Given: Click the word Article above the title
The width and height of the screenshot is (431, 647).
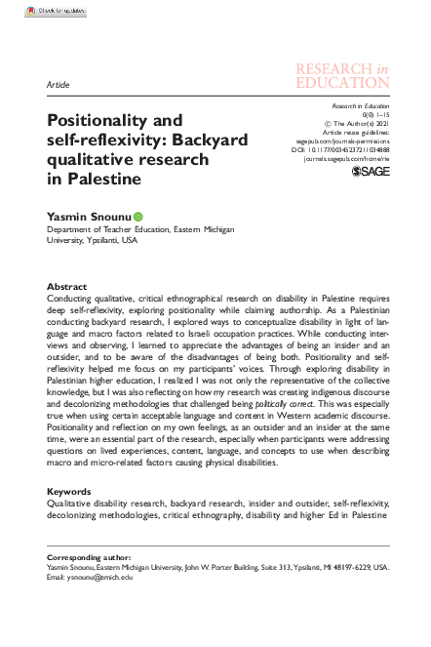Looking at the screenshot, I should (x=58, y=86).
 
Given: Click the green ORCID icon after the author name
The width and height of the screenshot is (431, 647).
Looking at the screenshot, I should (x=138, y=215).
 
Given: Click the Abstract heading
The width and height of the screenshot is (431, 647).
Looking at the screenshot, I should (x=67, y=287).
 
